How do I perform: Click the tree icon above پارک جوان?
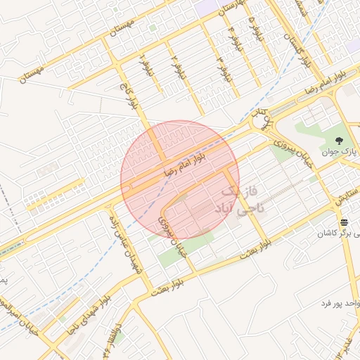point(341,141)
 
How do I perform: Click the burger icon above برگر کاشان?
point(344,223)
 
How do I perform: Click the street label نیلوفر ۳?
point(223,68)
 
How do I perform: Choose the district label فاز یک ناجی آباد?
point(238,200)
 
